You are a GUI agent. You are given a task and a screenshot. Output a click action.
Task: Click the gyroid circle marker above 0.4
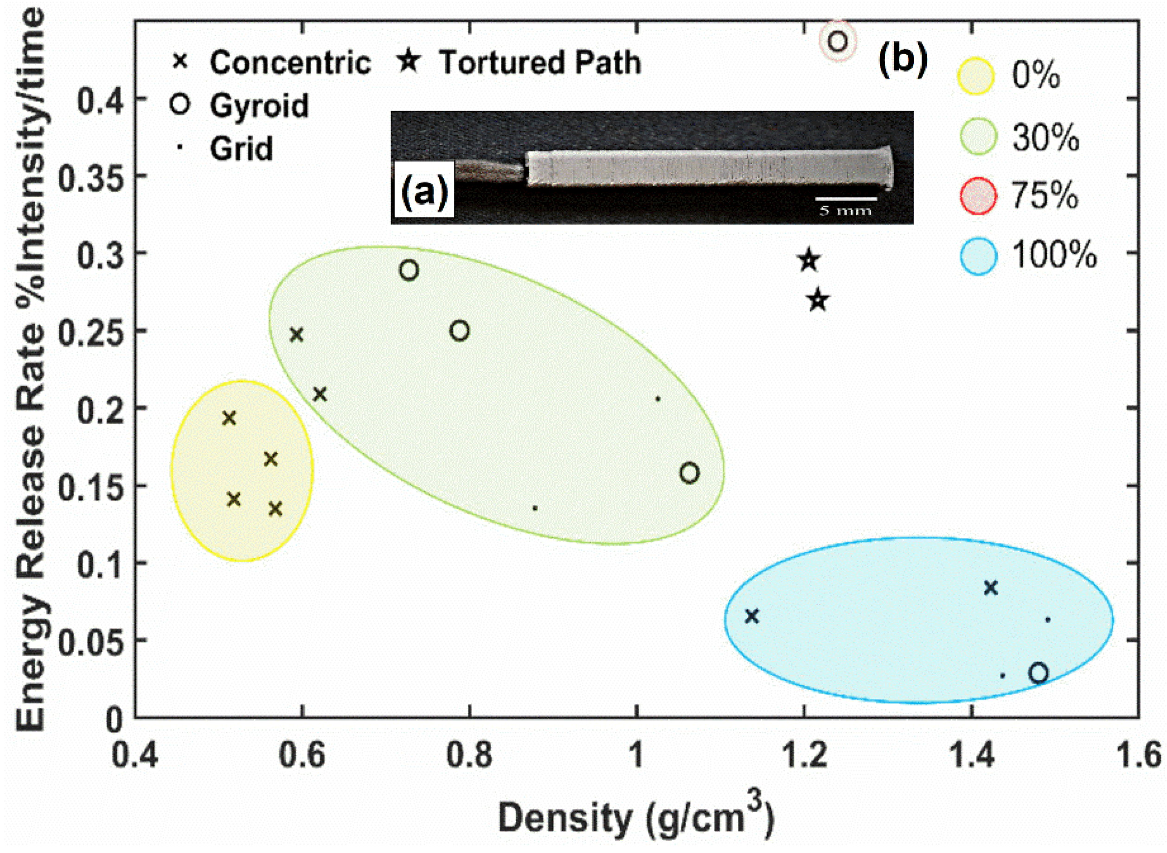pyautogui.click(x=838, y=40)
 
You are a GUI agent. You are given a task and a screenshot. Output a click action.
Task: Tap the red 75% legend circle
pyautogui.click(x=978, y=195)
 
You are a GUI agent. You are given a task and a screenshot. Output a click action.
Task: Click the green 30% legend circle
pyautogui.click(x=978, y=136)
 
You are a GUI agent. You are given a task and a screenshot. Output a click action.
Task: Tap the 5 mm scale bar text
pyautogui.click(x=846, y=211)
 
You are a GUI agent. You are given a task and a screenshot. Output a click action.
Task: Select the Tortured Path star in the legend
pyautogui.click(x=409, y=61)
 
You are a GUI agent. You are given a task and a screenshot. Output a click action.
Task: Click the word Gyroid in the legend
pyautogui.click(x=259, y=106)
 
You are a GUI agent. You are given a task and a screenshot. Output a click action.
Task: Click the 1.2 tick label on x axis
pyautogui.click(x=805, y=756)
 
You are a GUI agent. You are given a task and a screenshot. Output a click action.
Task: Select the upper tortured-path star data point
pyautogui.click(x=809, y=260)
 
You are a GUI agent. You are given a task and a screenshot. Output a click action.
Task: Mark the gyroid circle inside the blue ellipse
pyautogui.click(x=1038, y=673)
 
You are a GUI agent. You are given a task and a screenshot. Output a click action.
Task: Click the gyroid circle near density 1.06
pyautogui.click(x=689, y=472)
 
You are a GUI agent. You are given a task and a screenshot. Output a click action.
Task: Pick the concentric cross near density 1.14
pyautogui.click(x=752, y=616)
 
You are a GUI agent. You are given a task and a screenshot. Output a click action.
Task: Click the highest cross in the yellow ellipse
pyautogui.click(x=229, y=418)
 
